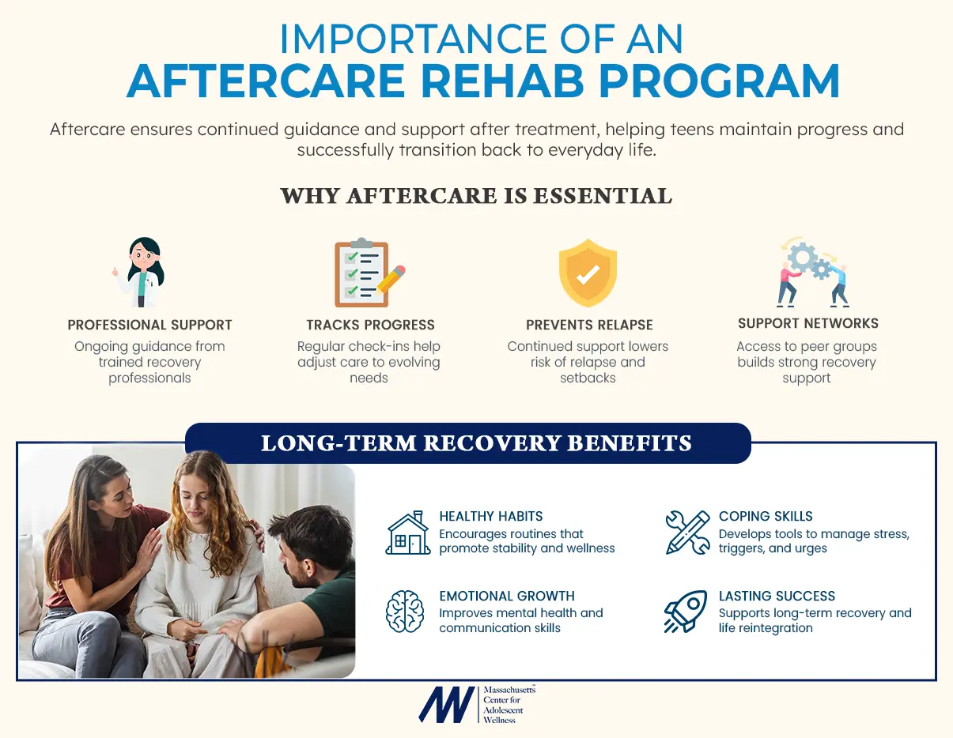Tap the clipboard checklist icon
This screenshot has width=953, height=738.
tap(365, 273)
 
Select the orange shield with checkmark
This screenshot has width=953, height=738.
tap(588, 273)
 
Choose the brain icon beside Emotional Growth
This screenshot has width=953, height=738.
tap(405, 612)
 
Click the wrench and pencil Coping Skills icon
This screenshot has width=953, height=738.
tap(687, 532)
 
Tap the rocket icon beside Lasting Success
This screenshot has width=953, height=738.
tap(685, 612)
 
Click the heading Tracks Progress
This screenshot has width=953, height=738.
tap(370, 325)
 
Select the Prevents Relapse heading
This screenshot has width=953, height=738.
tap(589, 325)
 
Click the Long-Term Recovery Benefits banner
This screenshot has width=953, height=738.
tap(476, 443)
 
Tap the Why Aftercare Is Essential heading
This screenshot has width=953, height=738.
tap(476, 196)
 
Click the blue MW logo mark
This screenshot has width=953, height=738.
tap(447, 704)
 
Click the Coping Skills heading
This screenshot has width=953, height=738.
tap(766, 516)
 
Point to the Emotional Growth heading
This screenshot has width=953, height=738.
tap(507, 596)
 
